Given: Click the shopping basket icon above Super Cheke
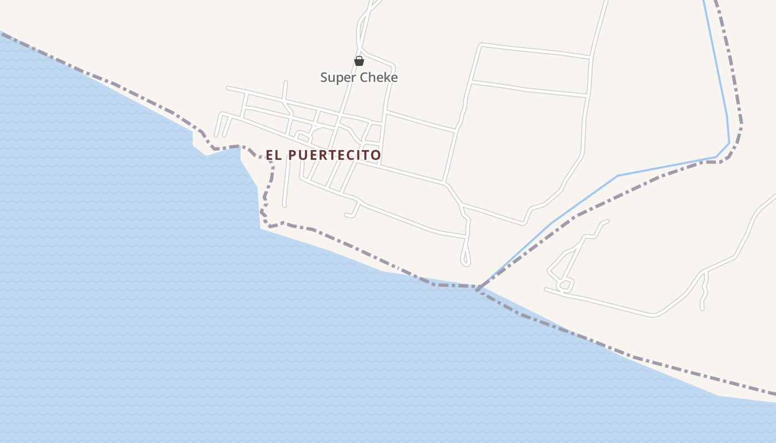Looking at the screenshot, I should coord(359,61).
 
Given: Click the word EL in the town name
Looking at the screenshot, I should coord(274,155).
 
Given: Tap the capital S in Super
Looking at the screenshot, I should coord(324,78).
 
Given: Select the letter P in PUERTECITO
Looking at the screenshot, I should coord(293,155).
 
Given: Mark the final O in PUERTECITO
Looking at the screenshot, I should coord(376,155).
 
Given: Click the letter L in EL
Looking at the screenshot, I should coord(279,155).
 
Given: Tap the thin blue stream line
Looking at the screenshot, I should coord(665,167).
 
